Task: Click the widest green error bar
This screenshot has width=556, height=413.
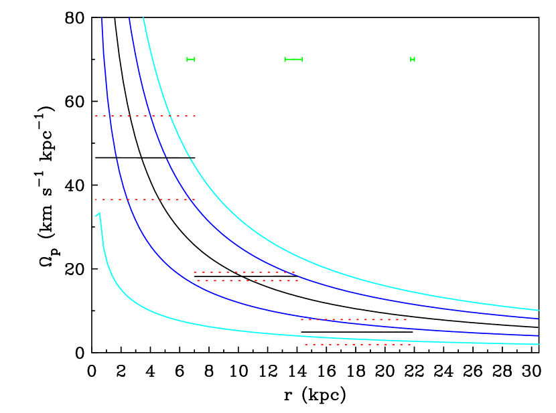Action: pyautogui.click(x=293, y=60)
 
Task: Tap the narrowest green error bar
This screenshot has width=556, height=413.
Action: pyautogui.click(x=413, y=60)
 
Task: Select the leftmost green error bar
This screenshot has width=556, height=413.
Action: pyautogui.click(x=191, y=60)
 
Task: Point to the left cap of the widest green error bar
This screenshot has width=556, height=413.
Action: pyautogui.click(x=285, y=60)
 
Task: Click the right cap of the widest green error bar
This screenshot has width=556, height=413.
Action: pyautogui.click(x=302, y=60)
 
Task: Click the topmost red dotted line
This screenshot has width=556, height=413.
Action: pyautogui.click(x=145, y=116)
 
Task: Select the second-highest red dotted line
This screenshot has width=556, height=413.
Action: pyautogui.click(x=145, y=199)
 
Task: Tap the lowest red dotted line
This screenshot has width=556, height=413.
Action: pyautogui.click(x=358, y=345)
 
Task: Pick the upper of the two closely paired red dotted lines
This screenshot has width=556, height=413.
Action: pyautogui.click(x=245, y=272)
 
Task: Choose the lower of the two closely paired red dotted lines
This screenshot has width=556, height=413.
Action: pyautogui.click(x=248, y=280)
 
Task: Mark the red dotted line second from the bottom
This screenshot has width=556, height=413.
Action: pyautogui.click(x=354, y=319)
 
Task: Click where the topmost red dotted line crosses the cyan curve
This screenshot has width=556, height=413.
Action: pyautogui.click(x=169, y=116)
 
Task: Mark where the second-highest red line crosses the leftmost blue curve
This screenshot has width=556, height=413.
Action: pyautogui.click(x=119, y=199)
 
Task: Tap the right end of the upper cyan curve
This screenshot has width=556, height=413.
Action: pyautogui.click(x=539, y=310)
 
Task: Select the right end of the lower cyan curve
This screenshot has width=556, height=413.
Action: pyautogui.click(x=539, y=345)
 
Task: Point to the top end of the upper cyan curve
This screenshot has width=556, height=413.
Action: pyautogui.click(x=143, y=18)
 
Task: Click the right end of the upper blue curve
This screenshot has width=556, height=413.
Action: pyautogui.click(x=539, y=319)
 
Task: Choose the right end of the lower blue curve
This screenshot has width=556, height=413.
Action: pyautogui.click(x=539, y=335)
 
